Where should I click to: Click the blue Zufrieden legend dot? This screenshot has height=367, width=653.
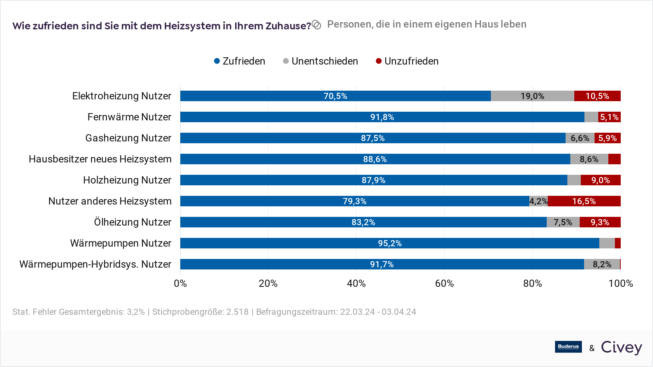click(x=217, y=61)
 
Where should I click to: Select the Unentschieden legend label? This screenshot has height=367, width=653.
click(x=325, y=61)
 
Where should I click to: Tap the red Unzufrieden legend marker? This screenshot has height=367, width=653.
click(x=379, y=61)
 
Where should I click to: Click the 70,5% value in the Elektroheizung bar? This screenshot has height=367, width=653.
click(x=335, y=96)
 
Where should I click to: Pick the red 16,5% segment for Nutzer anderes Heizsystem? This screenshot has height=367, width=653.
click(x=584, y=201)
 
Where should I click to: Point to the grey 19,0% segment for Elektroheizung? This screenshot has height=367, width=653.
click(x=532, y=96)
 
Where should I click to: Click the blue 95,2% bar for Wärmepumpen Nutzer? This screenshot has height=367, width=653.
click(x=390, y=243)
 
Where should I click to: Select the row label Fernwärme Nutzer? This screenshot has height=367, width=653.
click(x=129, y=117)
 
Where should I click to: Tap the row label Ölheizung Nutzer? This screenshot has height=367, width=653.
click(x=132, y=222)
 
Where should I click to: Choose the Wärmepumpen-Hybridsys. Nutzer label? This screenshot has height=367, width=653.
click(x=95, y=264)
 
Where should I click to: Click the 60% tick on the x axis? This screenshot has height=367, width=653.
click(x=444, y=283)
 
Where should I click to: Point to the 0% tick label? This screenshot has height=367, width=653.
click(x=180, y=283)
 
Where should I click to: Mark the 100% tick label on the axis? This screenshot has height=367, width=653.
click(x=620, y=283)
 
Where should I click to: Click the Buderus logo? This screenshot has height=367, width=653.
click(x=568, y=347)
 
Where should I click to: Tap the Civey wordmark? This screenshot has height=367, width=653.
click(x=621, y=347)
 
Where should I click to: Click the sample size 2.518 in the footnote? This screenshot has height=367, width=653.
click(x=237, y=312)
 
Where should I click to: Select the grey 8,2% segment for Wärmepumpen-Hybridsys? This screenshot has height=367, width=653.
click(x=602, y=264)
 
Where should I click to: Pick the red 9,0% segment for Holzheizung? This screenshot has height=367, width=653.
click(x=600, y=180)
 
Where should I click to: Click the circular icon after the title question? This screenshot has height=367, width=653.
click(x=316, y=25)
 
